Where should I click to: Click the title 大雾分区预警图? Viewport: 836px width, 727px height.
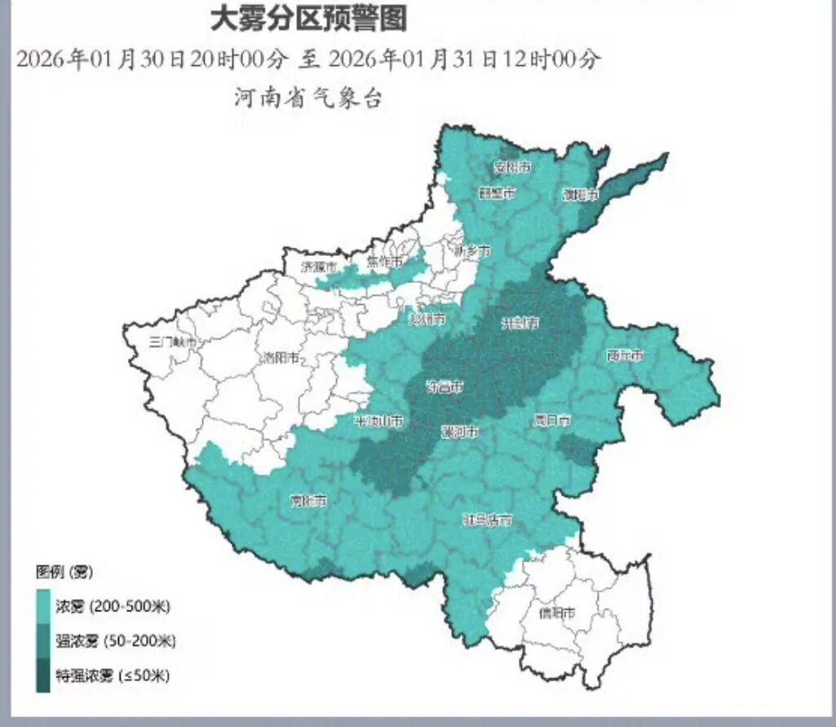308,18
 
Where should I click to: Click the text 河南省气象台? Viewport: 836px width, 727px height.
308,99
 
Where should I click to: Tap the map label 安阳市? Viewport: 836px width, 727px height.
513,168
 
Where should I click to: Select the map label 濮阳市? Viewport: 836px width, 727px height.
581,196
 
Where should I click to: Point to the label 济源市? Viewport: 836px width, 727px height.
319,267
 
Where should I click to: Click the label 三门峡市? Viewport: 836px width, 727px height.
174,343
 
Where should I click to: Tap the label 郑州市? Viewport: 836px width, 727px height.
427,319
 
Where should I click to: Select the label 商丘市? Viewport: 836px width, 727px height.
626,356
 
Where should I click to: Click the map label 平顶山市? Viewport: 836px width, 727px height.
378,421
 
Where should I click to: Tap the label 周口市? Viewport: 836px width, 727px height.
552,421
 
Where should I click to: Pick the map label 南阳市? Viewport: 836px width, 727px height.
309,502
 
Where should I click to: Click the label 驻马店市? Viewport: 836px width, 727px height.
488,519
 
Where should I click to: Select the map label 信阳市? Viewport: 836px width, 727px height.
558,612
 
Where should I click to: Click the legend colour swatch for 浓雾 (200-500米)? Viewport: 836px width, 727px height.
43,606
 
